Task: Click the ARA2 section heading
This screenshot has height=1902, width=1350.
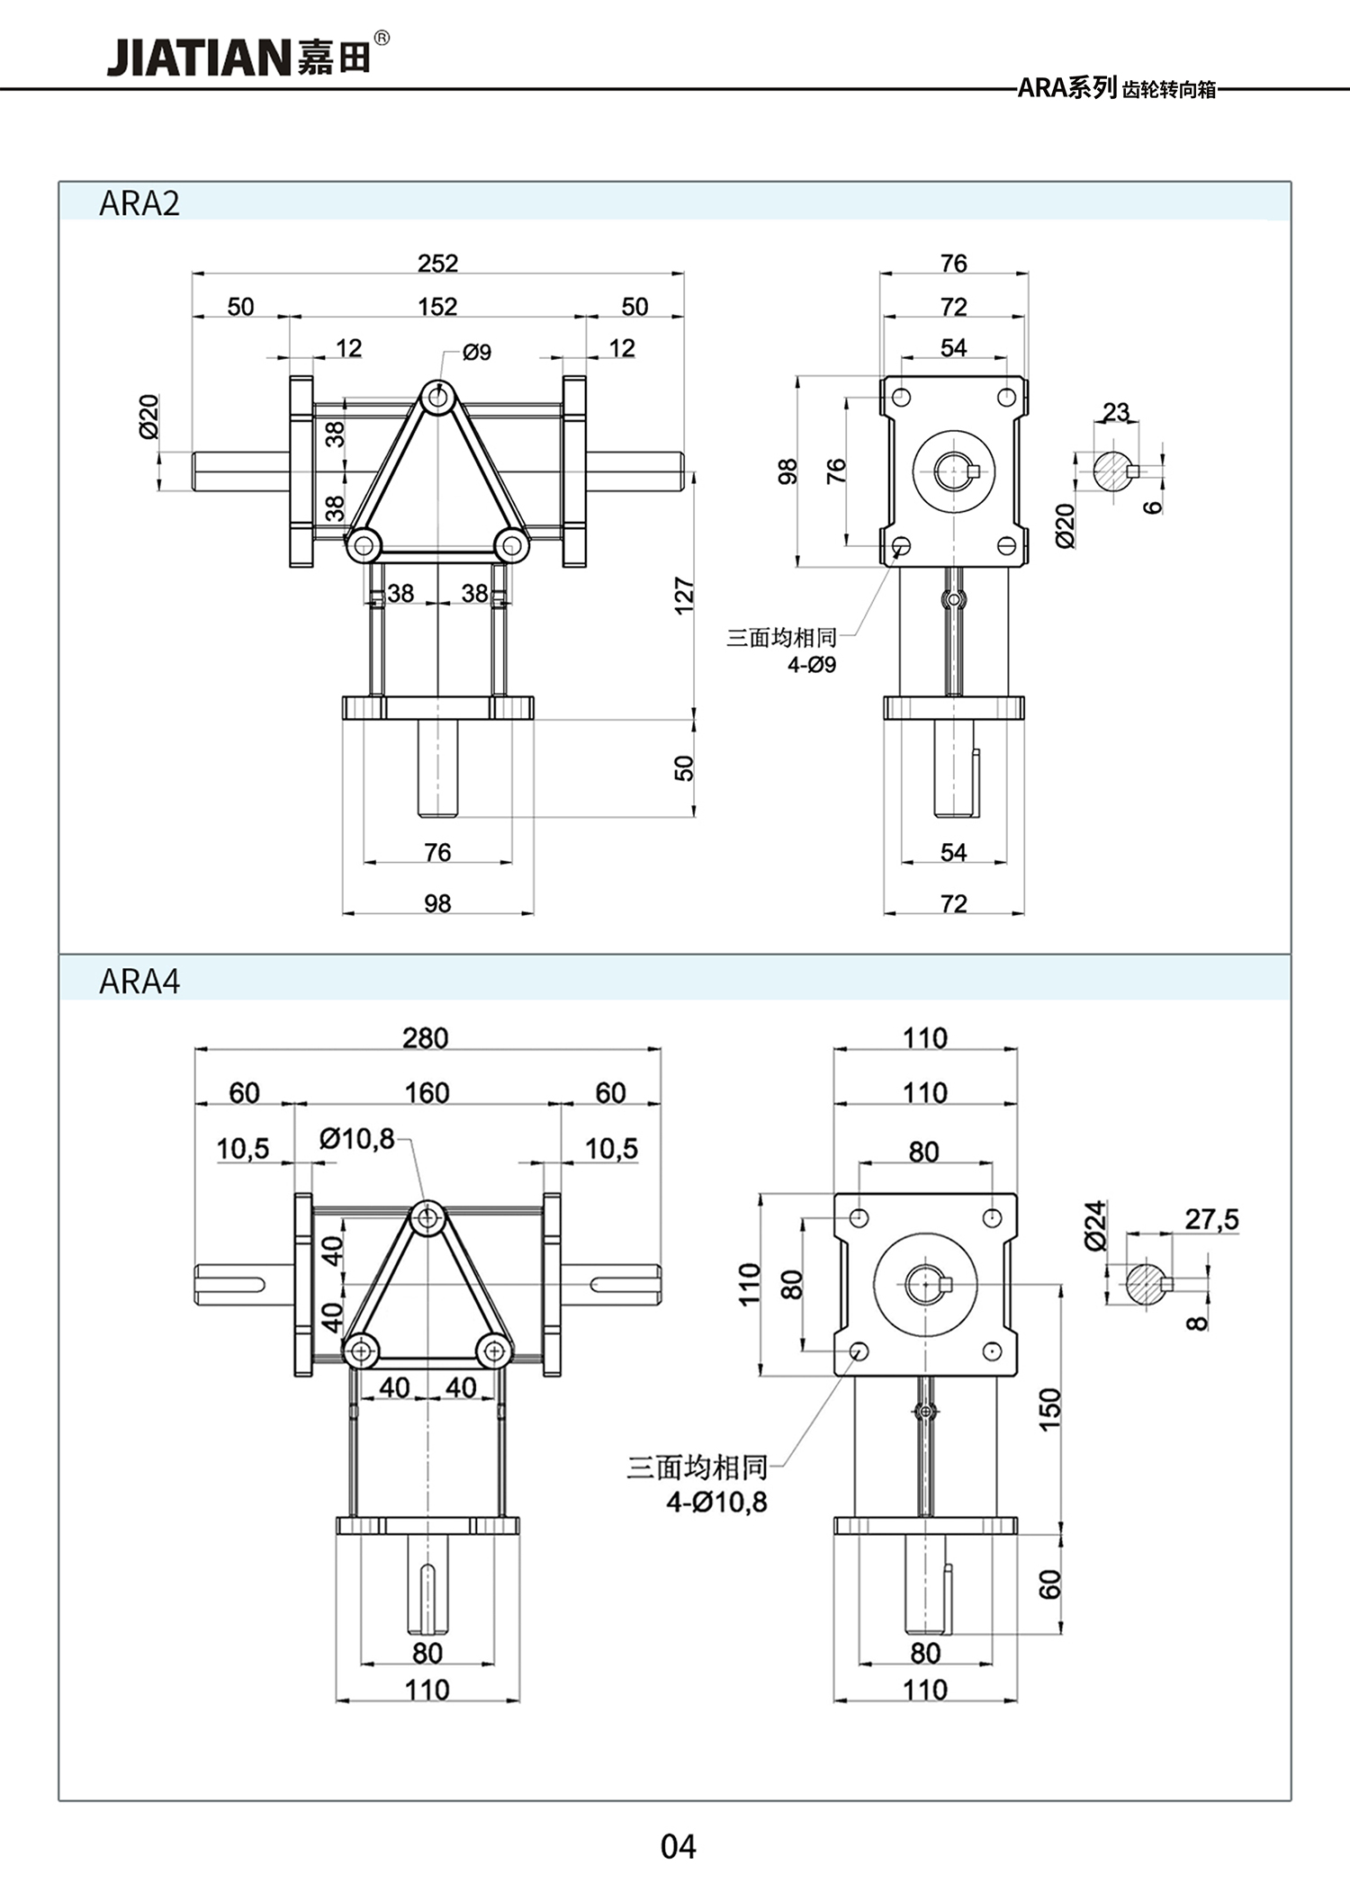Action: tap(139, 203)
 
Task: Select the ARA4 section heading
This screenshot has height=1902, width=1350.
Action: tap(139, 981)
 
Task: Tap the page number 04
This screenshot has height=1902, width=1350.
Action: tap(678, 1846)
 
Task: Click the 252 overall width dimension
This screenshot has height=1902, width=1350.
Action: tap(437, 264)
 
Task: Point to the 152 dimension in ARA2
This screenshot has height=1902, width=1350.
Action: tap(437, 307)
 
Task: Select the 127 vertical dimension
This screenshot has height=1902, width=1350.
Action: tap(684, 596)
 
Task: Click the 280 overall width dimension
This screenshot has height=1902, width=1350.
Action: tap(426, 1038)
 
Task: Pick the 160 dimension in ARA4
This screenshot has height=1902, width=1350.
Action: tap(427, 1093)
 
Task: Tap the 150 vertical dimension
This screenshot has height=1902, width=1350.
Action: tap(1050, 1409)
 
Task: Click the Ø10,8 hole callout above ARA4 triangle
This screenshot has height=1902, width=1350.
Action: tap(357, 1140)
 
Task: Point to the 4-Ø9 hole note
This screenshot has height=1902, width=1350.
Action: tap(812, 665)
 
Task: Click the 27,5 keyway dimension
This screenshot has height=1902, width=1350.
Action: tap(1211, 1220)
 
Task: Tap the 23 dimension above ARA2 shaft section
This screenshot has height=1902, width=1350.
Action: tap(1116, 412)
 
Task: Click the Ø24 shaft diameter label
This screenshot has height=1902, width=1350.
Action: tap(1094, 1225)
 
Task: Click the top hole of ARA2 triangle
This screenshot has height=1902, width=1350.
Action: tap(438, 396)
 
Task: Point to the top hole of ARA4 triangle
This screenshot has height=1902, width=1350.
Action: tap(427, 1219)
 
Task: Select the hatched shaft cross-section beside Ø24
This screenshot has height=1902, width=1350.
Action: tap(1145, 1284)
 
